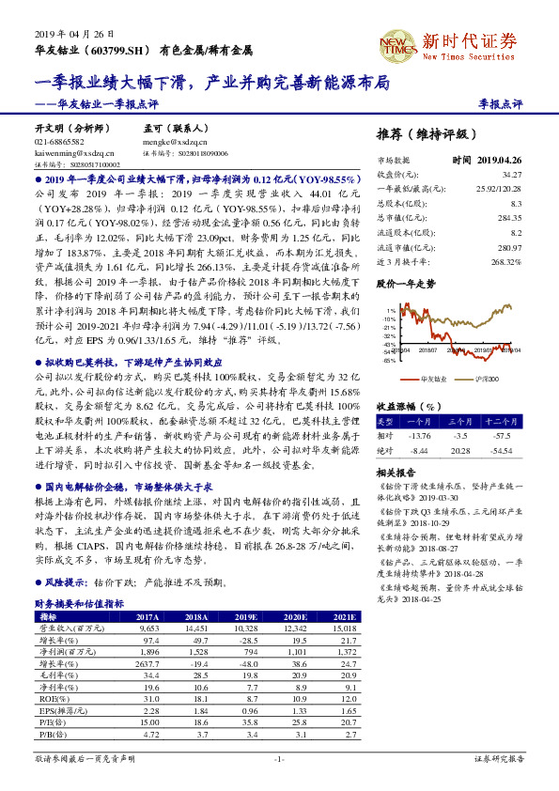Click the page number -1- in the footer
tap(279, 757)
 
